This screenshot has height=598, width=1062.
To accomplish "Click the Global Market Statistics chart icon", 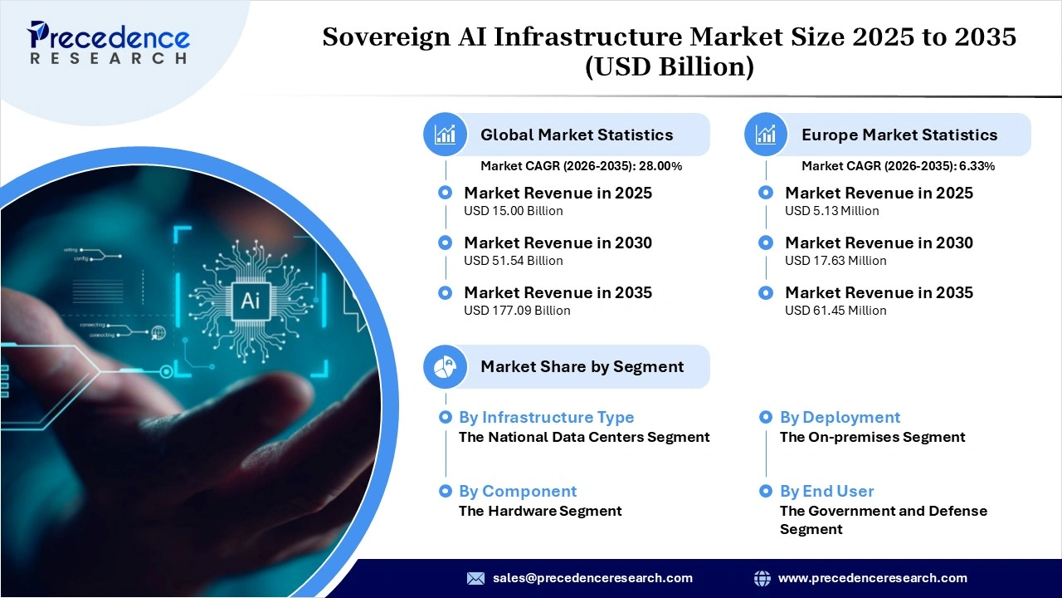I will click(446, 135).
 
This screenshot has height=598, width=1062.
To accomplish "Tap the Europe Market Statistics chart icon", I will click(766, 135).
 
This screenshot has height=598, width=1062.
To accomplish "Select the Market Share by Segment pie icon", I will click(446, 366).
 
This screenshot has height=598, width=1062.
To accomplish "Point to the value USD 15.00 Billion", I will click(514, 211).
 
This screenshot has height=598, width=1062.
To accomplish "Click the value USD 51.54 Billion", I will click(514, 261).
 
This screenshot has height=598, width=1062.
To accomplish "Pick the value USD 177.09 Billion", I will click(517, 311).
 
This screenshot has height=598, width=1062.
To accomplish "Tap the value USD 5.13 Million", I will click(832, 211).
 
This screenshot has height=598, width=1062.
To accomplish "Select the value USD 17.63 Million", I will click(835, 261).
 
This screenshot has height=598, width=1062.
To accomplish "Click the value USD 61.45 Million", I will click(835, 311).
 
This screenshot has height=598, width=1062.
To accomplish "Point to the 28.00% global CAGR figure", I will click(660, 166).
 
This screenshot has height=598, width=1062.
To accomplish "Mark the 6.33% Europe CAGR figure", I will click(977, 166).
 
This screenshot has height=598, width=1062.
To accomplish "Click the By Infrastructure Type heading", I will click(546, 418).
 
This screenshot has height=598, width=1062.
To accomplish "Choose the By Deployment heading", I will click(840, 418).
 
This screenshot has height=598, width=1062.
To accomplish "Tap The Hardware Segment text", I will click(540, 511).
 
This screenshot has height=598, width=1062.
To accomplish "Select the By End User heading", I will click(826, 492).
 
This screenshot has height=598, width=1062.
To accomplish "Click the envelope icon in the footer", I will click(475, 578).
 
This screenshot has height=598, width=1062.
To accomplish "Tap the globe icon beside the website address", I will click(762, 578).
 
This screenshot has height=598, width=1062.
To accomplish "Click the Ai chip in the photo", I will click(250, 300).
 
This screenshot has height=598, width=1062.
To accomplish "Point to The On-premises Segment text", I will click(872, 437).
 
